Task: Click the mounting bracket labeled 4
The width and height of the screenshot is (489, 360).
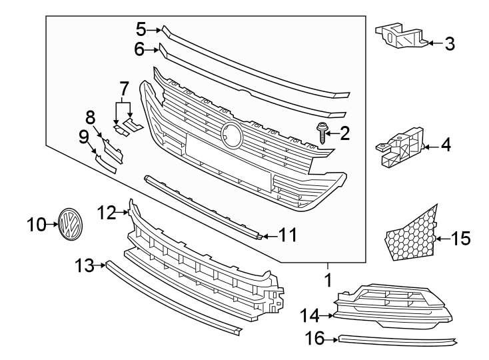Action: pyautogui.click(x=398, y=148)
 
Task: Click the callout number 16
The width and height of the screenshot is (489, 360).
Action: pyautogui.click(x=316, y=340)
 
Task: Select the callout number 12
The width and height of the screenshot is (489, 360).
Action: pyautogui.click(x=107, y=213)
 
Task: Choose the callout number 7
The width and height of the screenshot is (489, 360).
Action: pyautogui.click(x=123, y=89)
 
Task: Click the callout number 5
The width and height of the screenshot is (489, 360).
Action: pyautogui.click(x=141, y=29)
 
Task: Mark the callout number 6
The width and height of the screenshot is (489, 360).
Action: pyautogui.click(x=139, y=49)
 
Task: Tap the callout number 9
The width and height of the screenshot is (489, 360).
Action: pyautogui.click(x=83, y=137)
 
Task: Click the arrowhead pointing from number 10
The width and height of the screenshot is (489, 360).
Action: pyautogui.click(x=53, y=225)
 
